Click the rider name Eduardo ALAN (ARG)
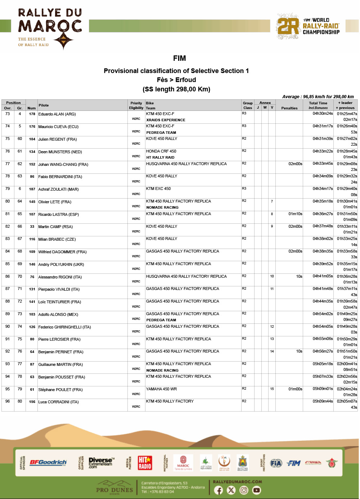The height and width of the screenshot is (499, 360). (57, 114)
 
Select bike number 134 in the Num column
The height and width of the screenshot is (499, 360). (32, 152)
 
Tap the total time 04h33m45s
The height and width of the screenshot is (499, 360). (323, 164)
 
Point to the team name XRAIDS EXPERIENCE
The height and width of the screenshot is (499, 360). (166, 120)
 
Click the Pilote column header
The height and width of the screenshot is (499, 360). (44, 105)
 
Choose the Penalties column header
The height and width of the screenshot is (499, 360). (289, 108)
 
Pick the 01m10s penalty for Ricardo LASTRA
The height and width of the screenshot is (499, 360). (295, 214)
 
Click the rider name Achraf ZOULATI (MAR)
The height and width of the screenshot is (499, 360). (58, 189)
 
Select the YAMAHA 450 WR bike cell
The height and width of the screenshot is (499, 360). (161, 389)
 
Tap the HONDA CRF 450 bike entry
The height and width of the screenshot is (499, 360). (161, 151)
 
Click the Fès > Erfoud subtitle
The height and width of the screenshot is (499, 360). (176, 80)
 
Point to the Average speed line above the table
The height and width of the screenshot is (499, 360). (318, 97)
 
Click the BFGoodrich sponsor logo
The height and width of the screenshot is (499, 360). (48, 463)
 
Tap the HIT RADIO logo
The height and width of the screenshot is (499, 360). (145, 463)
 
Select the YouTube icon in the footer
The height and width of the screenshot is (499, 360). (256, 490)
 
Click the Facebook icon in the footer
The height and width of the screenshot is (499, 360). (219, 490)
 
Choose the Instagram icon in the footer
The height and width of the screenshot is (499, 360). (244, 490)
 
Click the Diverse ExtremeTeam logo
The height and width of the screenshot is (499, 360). (101, 463)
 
